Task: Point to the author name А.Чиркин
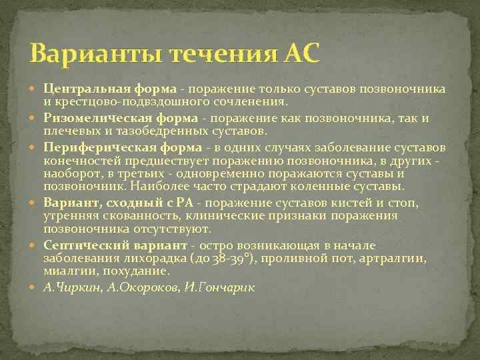[69, 287]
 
